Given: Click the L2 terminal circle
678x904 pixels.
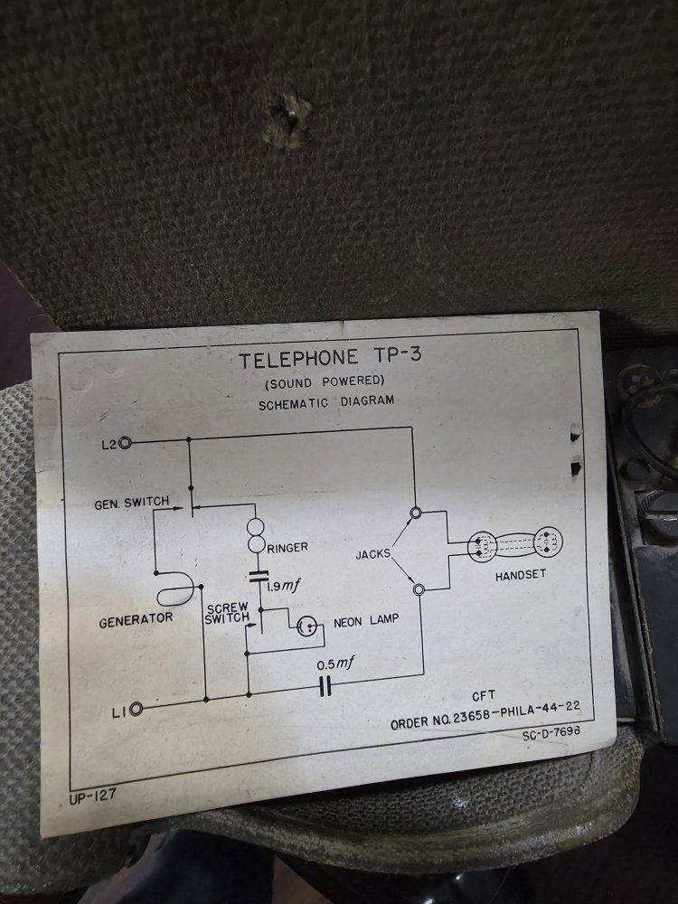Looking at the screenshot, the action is (125, 443).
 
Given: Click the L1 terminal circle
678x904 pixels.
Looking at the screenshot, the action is (137, 709).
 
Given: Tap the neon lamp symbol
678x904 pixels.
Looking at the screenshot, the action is (307, 626).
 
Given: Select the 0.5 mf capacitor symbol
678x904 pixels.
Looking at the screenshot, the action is (325, 686).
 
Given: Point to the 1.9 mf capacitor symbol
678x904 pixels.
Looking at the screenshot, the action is (259, 575).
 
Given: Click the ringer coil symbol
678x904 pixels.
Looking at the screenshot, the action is (256, 535).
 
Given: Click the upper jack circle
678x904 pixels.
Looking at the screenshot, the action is (416, 513).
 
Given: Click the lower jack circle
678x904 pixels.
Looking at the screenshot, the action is (419, 589).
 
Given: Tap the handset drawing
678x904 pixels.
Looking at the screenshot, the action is (514, 544).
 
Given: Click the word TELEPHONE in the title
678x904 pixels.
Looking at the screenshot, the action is (298, 359).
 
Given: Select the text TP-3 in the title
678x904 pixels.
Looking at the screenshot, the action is (398, 354).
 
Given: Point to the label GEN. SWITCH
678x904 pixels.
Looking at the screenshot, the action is (132, 503).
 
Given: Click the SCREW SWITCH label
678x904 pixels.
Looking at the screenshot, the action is (228, 614).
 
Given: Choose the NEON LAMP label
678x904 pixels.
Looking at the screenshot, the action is (366, 621).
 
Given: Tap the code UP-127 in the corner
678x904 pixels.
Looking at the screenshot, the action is (93, 796).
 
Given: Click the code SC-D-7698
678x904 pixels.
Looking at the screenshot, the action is (551, 733).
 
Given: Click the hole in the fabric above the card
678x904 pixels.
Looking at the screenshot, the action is (287, 122).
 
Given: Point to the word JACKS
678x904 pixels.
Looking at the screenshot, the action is (373, 555).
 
